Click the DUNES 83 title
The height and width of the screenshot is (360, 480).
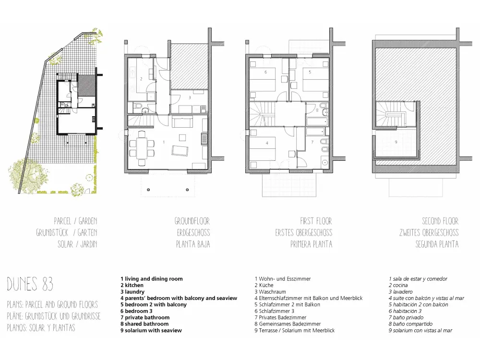pyautogui.click(x=30, y=284)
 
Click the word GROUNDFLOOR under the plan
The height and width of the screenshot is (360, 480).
pyautogui.click(x=192, y=221)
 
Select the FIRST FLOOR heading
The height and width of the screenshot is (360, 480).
pyautogui.click(x=316, y=221)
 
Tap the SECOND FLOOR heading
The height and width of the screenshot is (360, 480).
pyautogui.click(x=440, y=221)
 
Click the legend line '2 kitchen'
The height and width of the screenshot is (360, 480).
pyautogui.click(x=132, y=285)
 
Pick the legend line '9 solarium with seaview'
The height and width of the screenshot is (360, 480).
pyautogui.click(x=151, y=330)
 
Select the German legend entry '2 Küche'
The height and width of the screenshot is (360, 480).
pyautogui.click(x=264, y=285)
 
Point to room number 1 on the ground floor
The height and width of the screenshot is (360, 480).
pyautogui.click(x=164, y=142)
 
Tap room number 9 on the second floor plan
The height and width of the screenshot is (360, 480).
pyautogui.click(x=396, y=142)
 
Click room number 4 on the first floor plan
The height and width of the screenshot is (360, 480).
pyautogui.click(x=267, y=143)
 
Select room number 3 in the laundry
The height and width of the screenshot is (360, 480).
pyautogui.click(x=190, y=97)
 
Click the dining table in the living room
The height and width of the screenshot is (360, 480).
pyautogui.click(x=142, y=148)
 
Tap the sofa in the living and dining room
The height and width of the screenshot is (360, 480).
pyautogui.click(x=182, y=121)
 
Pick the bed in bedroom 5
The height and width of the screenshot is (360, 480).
pyautogui.click(x=315, y=79)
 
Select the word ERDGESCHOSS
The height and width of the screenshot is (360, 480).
pyautogui.click(x=193, y=233)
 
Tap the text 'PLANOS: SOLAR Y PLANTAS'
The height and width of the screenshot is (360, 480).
pyautogui.click(x=41, y=328)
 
